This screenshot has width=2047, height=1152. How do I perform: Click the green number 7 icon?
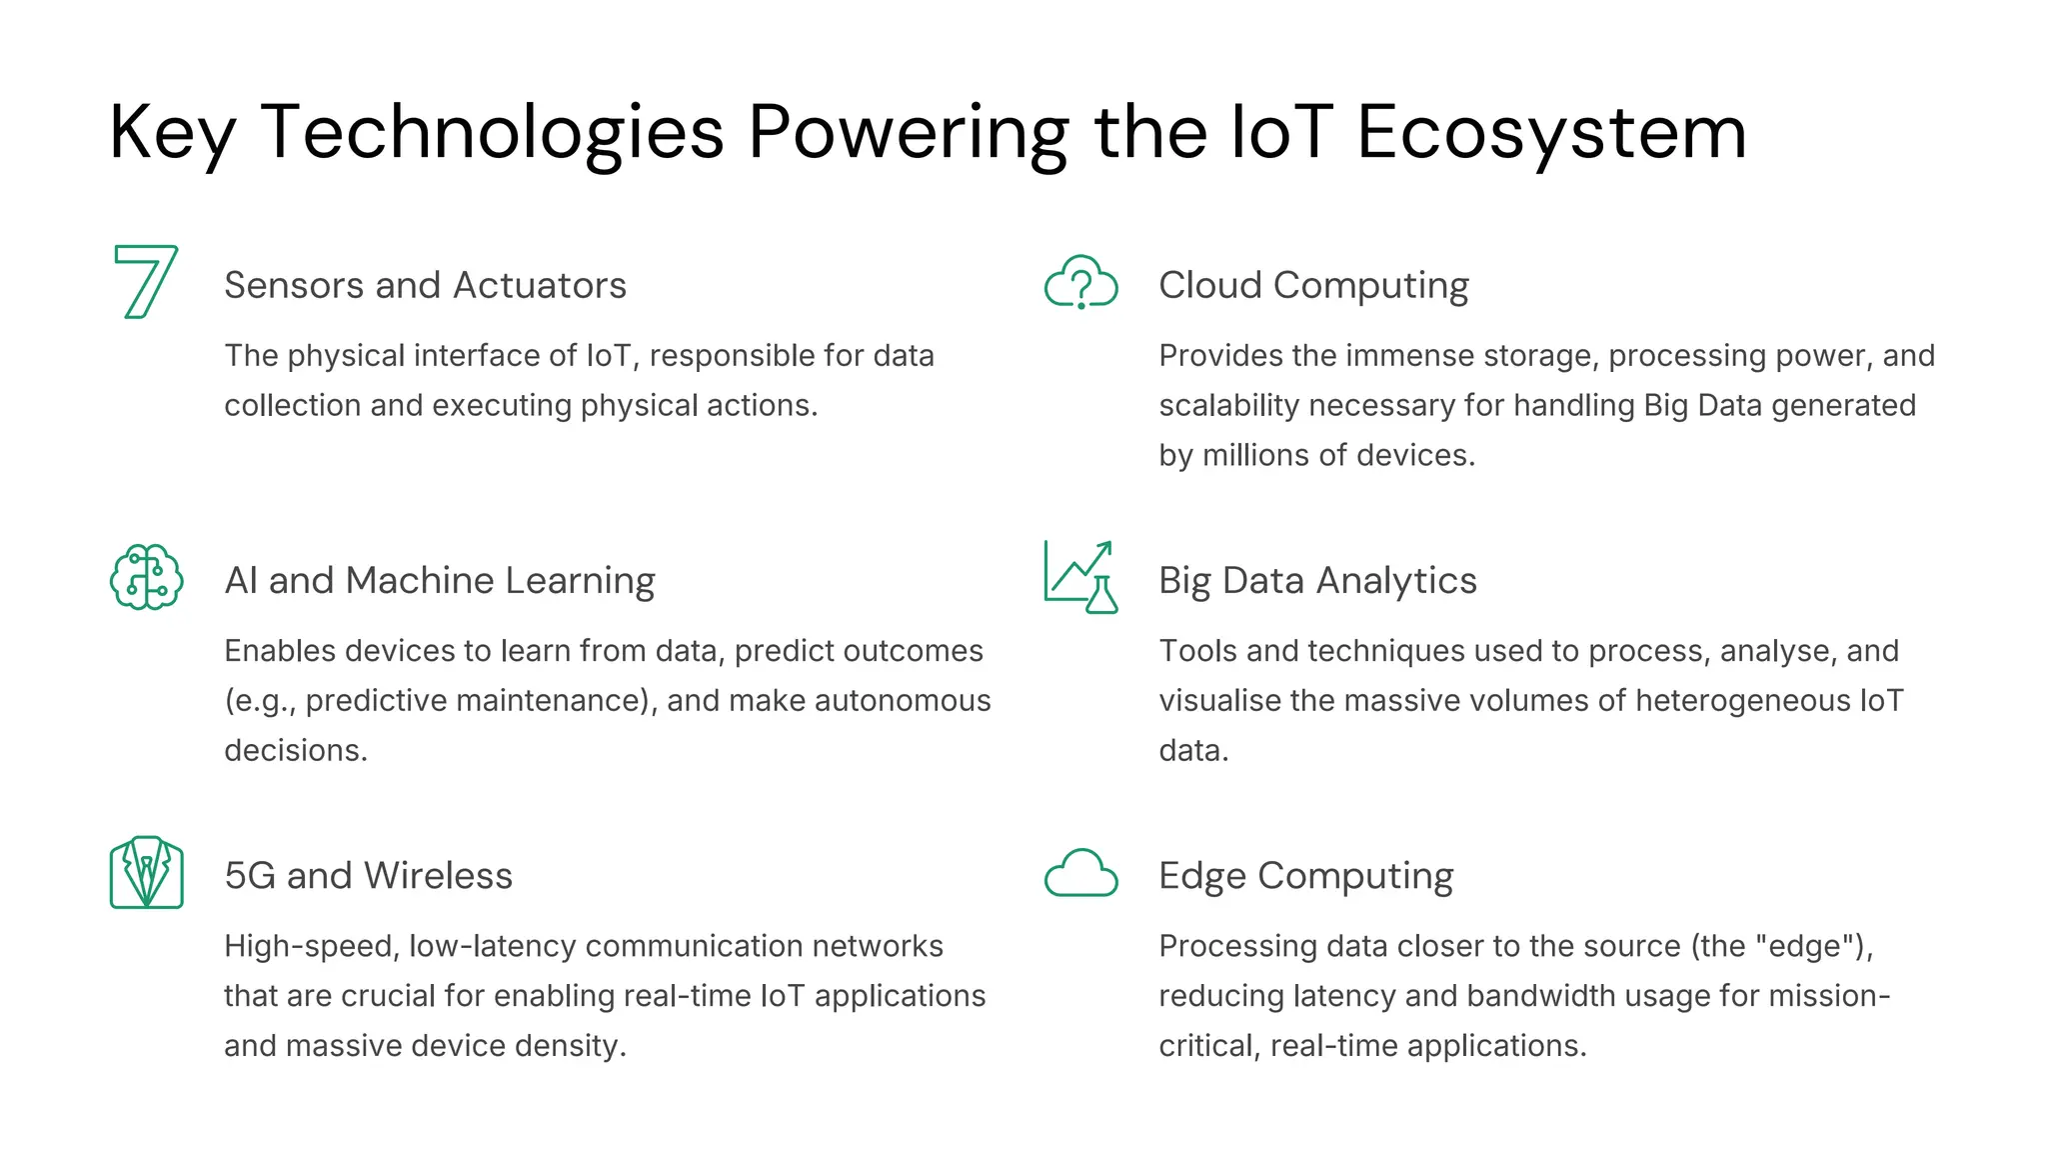pos(146,282)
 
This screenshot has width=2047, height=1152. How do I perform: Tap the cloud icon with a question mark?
pos(1080,282)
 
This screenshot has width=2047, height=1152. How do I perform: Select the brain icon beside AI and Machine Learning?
pos(146,577)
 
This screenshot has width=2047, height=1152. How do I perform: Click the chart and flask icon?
pos(1080,577)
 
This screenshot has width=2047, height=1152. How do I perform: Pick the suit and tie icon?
pos(146,872)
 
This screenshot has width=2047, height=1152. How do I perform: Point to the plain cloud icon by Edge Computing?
pos(1080,873)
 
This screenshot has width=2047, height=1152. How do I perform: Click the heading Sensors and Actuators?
pos(425,285)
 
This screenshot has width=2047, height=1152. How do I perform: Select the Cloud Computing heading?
pos(1313,285)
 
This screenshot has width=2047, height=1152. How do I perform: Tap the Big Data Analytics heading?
pos(1317,580)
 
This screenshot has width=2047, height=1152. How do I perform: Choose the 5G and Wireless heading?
pos(368,875)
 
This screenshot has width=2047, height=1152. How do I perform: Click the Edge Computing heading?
pos(1305,875)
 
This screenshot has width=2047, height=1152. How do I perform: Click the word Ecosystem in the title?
pos(1551,132)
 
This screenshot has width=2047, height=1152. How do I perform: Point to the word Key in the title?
pos(172,132)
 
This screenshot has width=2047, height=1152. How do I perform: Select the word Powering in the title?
pos(908,132)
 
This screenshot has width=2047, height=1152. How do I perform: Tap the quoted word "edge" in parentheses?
pos(1805,945)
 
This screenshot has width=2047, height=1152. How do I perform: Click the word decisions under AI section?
pos(295,750)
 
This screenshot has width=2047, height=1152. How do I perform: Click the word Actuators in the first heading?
pos(540,285)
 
